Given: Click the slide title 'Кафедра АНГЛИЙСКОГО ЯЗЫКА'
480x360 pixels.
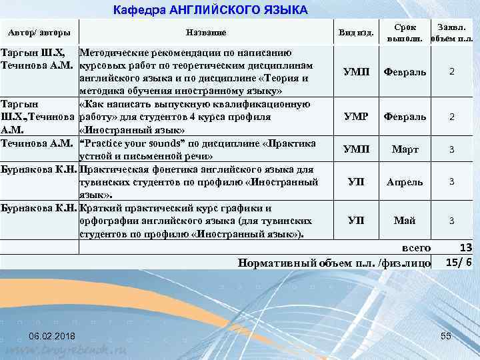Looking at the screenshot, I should click(x=211, y=10).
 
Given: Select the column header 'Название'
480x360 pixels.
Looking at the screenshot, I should click(x=206, y=33).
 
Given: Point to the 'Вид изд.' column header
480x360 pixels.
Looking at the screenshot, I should click(x=357, y=33).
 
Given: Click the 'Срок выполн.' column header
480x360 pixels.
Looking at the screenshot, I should click(x=405, y=33).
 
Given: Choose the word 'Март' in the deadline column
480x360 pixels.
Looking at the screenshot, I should click(x=405, y=150).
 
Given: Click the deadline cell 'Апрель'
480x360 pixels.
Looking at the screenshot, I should click(x=405, y=181).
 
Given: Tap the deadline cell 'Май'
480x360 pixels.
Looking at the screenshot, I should click(x=405, y=221).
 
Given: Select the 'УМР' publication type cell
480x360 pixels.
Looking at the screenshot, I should click(x=355, y=117).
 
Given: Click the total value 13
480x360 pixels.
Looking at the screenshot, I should click(x=465, y=248).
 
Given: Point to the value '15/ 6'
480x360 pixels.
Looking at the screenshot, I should click(x=459, y=262).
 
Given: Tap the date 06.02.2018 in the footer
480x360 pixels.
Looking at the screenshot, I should click(x=53, y=334).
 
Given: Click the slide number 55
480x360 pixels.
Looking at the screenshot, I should click(x=446, y=334).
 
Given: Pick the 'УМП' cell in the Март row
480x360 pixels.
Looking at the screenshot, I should click(x=355, y=150).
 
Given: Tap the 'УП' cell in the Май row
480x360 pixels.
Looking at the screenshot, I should click(x=355, y=221).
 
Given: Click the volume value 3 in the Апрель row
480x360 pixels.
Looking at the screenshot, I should click(x=451, y=181).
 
